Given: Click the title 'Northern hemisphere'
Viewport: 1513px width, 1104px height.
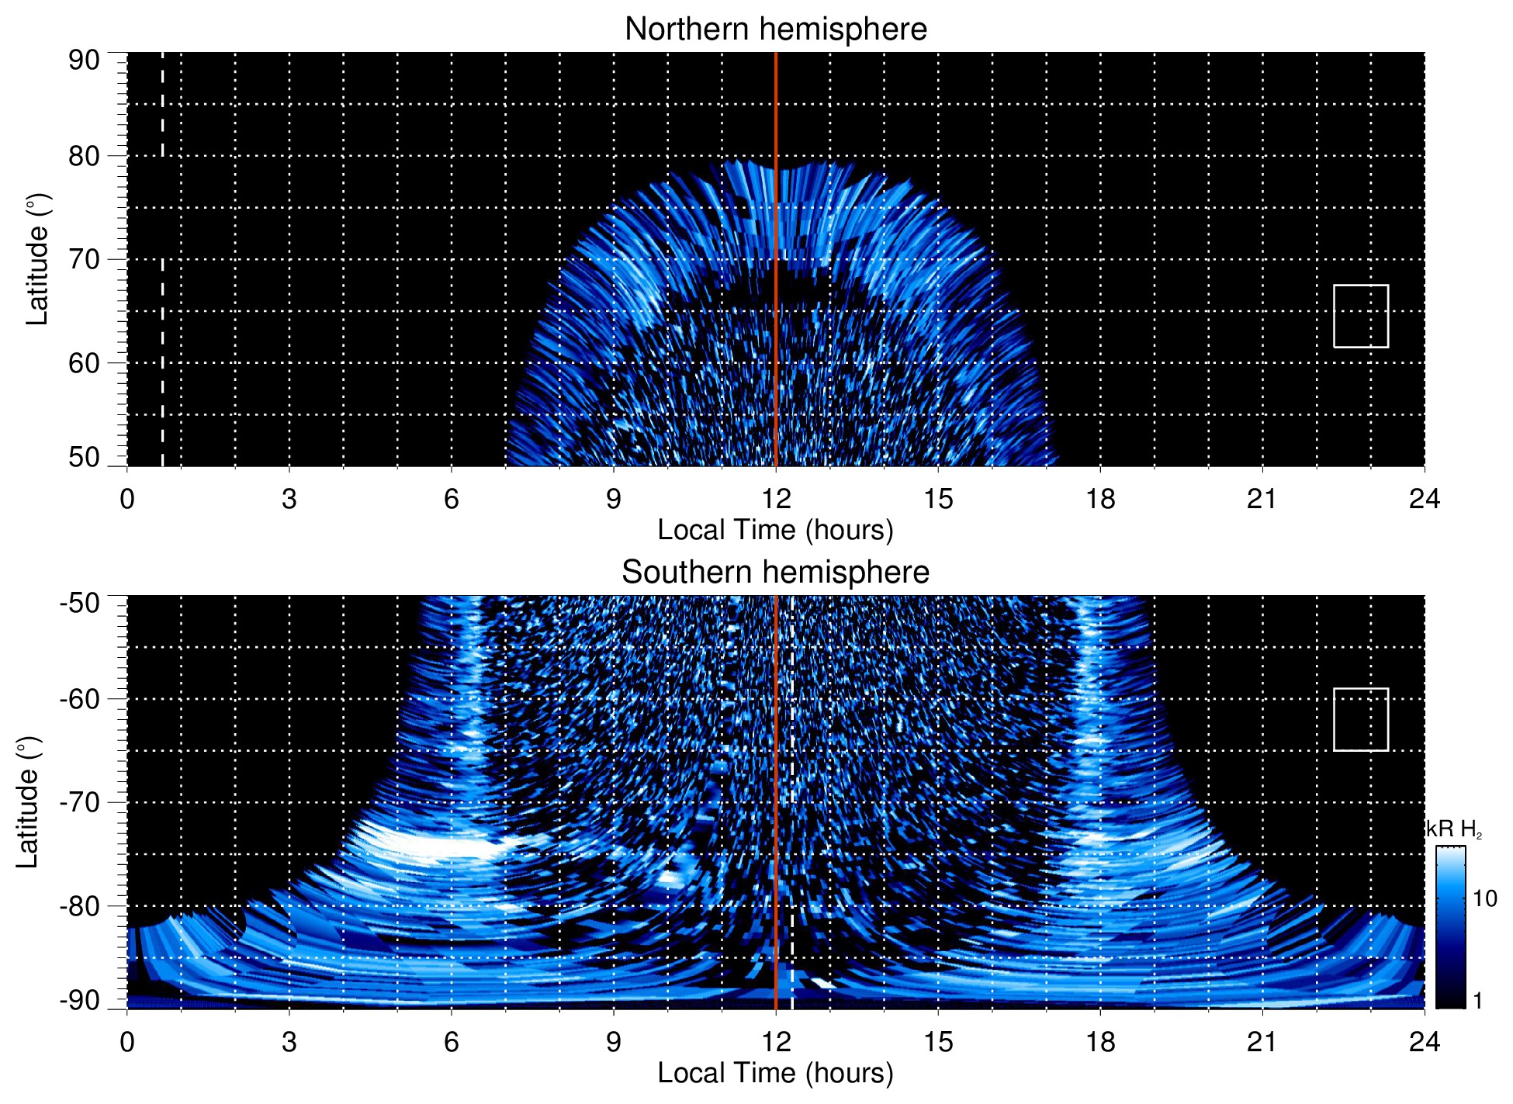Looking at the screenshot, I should pos(775,29).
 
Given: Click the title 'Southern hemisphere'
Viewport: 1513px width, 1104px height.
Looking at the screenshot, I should pos(775,573).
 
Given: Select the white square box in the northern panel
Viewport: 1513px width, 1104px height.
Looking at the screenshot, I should pos(1361,316).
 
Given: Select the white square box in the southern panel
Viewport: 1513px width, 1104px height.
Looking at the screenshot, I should pos(1361,719).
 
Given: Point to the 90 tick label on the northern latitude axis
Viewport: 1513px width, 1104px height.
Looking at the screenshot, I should pos(84,61).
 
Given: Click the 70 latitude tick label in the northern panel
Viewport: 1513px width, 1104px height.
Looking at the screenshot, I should pos(84,259).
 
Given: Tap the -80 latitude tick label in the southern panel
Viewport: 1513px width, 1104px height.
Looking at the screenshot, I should pos(80,905).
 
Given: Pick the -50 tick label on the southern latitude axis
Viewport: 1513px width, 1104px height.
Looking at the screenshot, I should pos(80,603).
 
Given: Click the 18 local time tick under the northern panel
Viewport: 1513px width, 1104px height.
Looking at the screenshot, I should pos(1099,499).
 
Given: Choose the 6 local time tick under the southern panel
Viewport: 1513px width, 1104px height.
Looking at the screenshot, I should pos(451,1042).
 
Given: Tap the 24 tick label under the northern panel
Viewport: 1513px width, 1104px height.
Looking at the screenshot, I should pos(1424,499).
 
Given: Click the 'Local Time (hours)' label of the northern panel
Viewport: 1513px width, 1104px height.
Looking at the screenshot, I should pos(775,530).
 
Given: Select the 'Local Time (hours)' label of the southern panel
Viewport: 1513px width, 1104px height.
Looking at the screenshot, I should pos(775,1073).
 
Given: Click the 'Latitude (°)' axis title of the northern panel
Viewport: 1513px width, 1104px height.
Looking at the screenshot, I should pos(37,259).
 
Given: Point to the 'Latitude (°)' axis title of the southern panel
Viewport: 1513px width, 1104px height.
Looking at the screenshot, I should pos(28,802).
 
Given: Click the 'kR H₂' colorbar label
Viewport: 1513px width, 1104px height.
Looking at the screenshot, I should pos(1454,829).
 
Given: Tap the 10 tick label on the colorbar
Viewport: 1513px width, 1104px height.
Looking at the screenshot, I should pos(1484,898).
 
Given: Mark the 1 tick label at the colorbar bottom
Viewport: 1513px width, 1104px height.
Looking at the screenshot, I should pos(1477,1000).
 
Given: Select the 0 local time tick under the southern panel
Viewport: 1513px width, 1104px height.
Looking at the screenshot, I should pos(127,1042).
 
